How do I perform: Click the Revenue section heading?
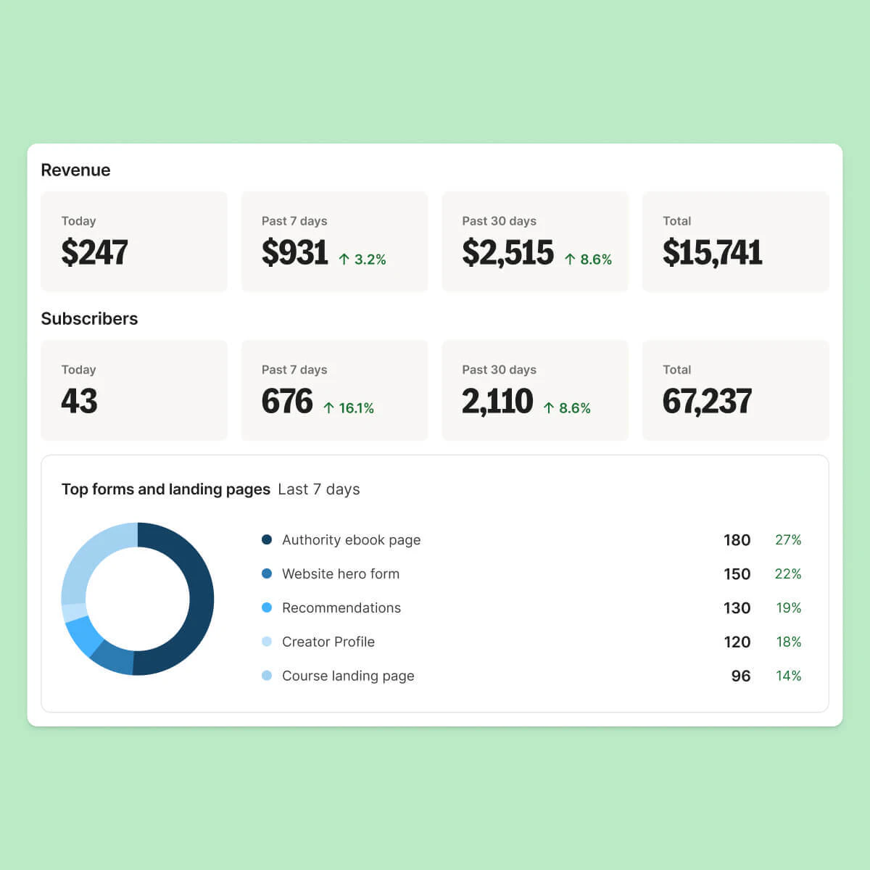75,170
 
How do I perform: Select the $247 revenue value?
94,252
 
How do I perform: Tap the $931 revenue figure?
294,252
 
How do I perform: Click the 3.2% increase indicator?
362,260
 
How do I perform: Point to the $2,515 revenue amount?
507,252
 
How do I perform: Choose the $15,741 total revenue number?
712,252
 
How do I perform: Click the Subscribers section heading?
89,319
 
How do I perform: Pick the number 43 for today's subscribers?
79,401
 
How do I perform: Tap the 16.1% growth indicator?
349,408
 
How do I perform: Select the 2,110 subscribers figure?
497,401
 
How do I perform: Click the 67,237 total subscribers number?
707,401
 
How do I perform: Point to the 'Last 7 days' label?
319,489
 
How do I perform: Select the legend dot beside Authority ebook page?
267,539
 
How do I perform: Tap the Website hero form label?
341,574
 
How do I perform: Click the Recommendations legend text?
341,608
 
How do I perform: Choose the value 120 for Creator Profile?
737,642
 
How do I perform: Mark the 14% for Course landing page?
788,676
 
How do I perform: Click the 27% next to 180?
788,540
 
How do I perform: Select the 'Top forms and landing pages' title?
166,489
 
